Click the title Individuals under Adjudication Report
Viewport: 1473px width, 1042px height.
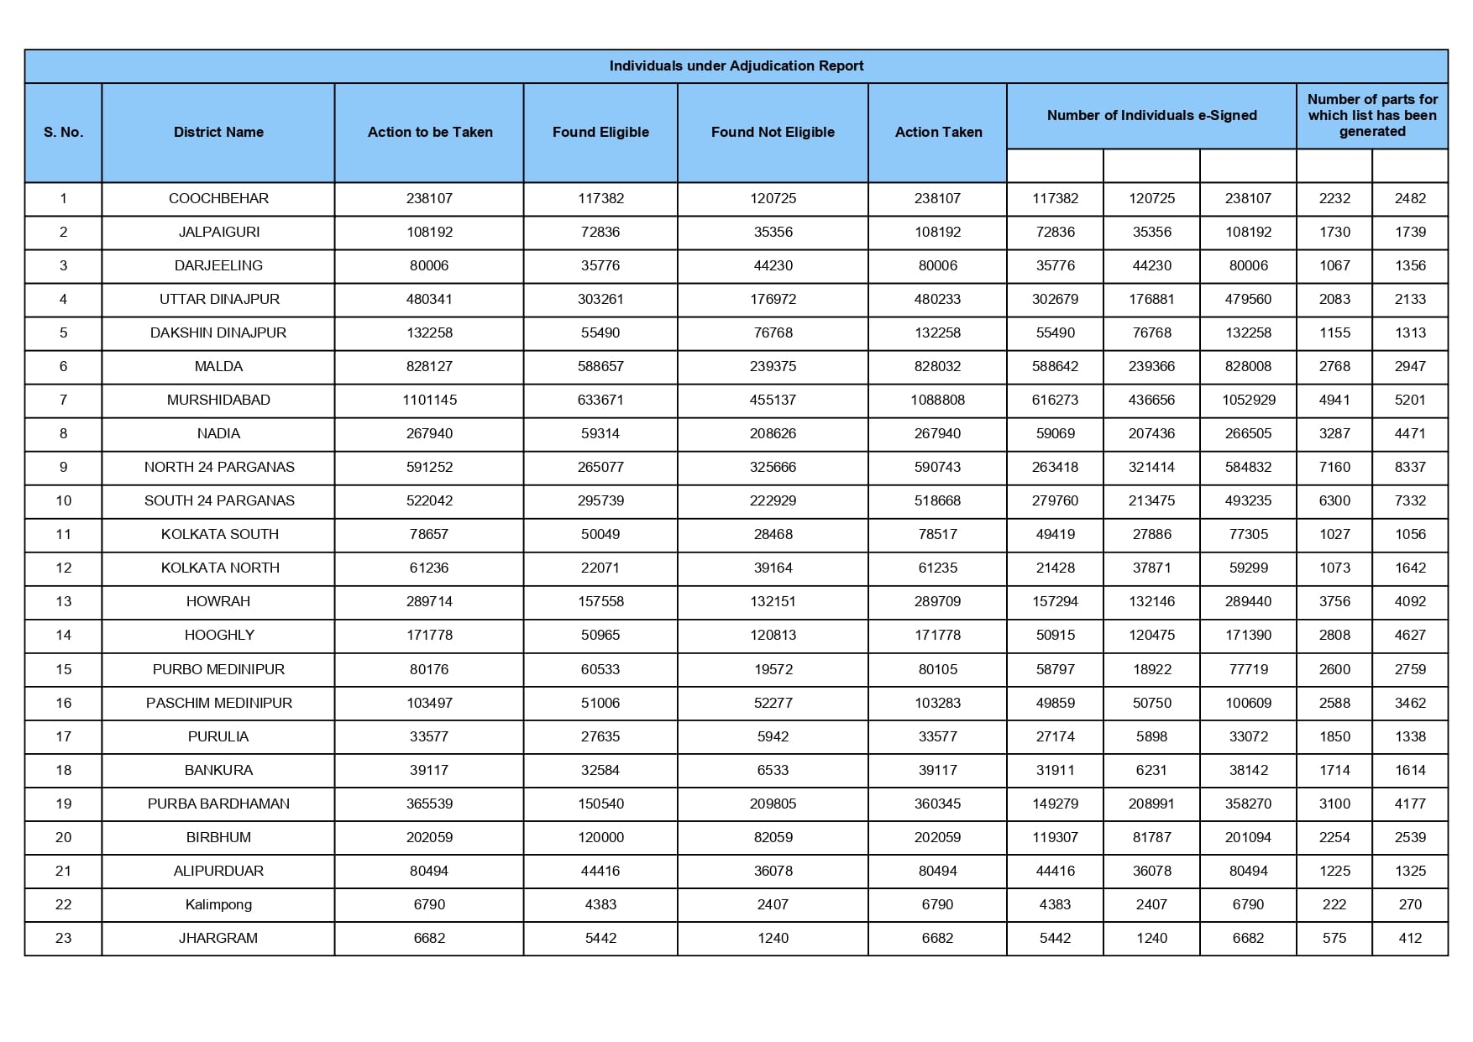click(x=736, y=65)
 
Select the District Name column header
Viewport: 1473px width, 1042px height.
click(x=218, y=132)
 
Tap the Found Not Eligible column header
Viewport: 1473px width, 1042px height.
click(x=773, y=132)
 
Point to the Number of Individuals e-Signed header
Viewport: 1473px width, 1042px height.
click(x=1151, y=115)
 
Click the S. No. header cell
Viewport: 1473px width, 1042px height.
click(x=63, y=132)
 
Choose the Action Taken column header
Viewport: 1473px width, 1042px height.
click(x=938, y=132)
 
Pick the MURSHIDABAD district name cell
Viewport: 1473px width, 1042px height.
click(x=218, y=400)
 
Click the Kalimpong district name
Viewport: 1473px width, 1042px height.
click(x=218, y=904)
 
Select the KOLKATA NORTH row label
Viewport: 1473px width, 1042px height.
click(x=219, y=568)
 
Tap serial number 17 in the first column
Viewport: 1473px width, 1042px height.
click(x=63, y=736)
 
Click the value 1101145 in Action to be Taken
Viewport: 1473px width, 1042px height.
click(x=429, y=400)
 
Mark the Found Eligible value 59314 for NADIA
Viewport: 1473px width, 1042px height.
click(x=600, y=433)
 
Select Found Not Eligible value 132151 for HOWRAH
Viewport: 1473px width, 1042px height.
click(x=773, y=601)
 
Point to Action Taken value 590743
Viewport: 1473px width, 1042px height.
click(x=937, y=467)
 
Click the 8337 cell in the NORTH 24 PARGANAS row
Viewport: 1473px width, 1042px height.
click(x=1410, y=467)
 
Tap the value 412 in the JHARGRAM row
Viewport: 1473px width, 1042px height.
click(x=1410, y=938)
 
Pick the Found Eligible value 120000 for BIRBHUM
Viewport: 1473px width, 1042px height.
click(x=600, y=837)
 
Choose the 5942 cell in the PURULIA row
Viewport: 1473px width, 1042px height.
click(x=773, y=736)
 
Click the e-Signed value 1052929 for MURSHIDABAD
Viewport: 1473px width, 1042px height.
click(x=1248, y=400)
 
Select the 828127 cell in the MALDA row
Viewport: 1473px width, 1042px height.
click(x=429, y=366)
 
